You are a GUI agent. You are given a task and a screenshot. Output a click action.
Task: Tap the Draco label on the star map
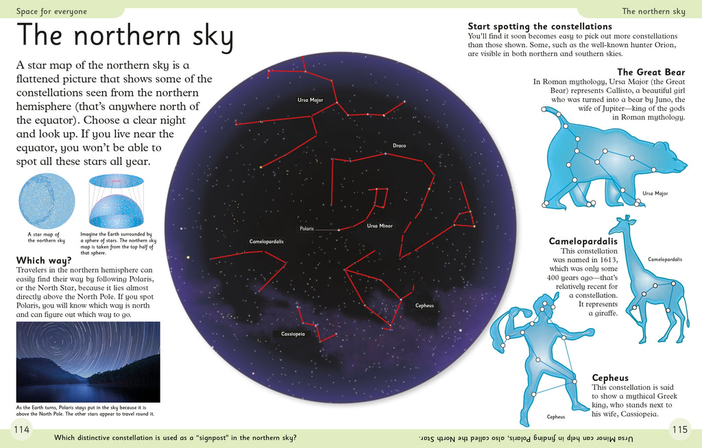(400, 145)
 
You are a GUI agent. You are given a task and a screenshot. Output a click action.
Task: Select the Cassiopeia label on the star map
(293, 334)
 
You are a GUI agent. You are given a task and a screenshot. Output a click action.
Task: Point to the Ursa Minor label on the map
(380, 225)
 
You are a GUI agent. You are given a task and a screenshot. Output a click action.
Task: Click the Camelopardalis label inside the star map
(267, 242)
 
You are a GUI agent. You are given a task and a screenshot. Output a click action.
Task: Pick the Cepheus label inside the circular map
(424, 305)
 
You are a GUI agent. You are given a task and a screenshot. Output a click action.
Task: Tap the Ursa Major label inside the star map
(310, 100)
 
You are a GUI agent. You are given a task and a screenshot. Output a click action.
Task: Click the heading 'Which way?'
(44, 260)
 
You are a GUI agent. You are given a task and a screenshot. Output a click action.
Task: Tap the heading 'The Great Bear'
(651, 72)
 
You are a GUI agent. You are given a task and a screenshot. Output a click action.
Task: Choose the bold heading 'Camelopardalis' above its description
(583, 241)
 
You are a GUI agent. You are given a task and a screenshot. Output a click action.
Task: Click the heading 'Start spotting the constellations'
(540, 26)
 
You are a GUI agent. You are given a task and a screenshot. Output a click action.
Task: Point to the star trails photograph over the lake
(88, 362)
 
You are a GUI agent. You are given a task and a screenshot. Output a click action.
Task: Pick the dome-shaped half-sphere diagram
(116, 202)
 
